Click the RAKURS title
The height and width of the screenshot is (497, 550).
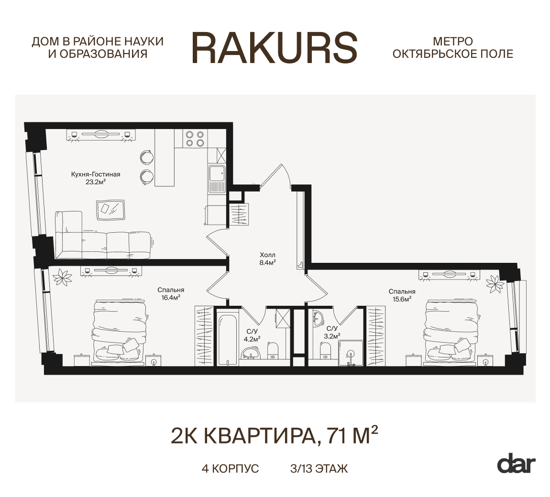(275, 48)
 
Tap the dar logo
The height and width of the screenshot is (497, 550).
(516, 464)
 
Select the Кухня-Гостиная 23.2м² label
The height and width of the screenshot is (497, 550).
(95, 178)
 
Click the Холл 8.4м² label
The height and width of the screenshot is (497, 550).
(267, 258)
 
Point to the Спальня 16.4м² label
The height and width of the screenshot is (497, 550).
(171, 293)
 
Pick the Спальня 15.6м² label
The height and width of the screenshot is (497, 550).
(402, 295)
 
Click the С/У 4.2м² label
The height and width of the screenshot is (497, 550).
(252, 335)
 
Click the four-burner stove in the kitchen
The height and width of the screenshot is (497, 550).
(195, 139)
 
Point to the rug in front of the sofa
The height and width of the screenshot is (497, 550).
(111, 208)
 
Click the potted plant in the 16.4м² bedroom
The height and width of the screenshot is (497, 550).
(62, 277)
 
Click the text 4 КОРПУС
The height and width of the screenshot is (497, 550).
(230, 468)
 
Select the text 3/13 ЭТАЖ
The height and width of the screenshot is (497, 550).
(319, 468)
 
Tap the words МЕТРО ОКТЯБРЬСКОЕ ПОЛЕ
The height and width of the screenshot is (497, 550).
(452, 48)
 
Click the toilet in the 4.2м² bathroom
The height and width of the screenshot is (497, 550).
(273, 350)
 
